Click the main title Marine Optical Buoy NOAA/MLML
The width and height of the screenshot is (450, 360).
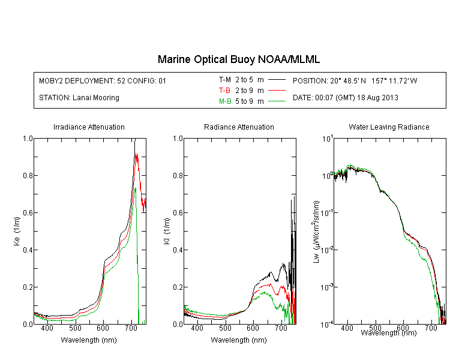(238, 59)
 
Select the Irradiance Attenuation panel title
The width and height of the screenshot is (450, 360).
(89, 127)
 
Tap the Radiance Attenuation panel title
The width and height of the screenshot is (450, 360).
(239, 127)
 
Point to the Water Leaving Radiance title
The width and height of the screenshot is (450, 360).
(389, 127)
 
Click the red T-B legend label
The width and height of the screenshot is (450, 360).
(224, 91)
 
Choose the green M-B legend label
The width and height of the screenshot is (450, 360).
(225, 101)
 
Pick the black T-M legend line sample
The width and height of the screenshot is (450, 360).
(277, 80)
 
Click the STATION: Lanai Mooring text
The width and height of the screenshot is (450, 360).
(79, 98)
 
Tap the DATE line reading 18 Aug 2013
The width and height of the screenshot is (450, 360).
(345, 98)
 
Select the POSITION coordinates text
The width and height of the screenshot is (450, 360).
(355, 80)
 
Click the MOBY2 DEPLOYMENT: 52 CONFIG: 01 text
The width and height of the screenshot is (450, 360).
(103, 80)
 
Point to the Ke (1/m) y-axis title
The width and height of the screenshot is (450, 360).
(17, 231)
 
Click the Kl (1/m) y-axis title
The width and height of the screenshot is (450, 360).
(167, 231)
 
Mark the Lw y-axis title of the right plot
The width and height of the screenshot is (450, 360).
(316, 232)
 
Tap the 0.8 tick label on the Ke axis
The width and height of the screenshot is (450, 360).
(28, 175)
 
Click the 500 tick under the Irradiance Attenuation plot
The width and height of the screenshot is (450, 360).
(75, 328)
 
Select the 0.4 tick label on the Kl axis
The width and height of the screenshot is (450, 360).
(178, 250)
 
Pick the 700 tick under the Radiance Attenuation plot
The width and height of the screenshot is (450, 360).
(281, 328)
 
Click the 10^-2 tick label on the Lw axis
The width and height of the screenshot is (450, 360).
(327, 250)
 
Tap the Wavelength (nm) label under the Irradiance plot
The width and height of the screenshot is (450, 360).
(89, 340)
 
